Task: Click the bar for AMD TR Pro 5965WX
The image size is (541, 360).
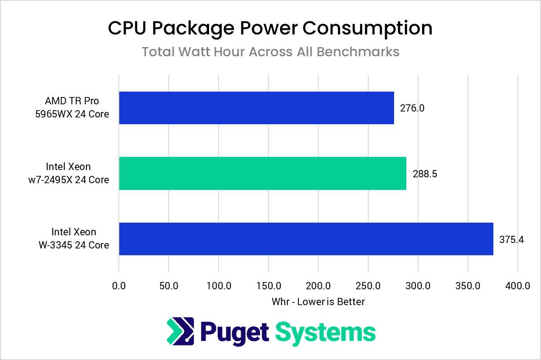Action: [256, 108]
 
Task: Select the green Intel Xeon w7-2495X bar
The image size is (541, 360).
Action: [262, 173]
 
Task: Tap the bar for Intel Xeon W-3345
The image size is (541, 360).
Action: [306, 239]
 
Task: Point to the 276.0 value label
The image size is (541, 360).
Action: [412, 108]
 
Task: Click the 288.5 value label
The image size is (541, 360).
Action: [424, 174]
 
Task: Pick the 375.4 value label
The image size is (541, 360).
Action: [512, 239]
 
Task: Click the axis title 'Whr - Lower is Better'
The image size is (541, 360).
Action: [318, 302]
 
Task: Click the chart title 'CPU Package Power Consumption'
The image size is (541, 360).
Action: [270, 28]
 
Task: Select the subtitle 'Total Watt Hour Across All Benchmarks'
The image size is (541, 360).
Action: [270, 52]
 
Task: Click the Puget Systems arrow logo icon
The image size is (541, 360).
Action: [180, 331]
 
